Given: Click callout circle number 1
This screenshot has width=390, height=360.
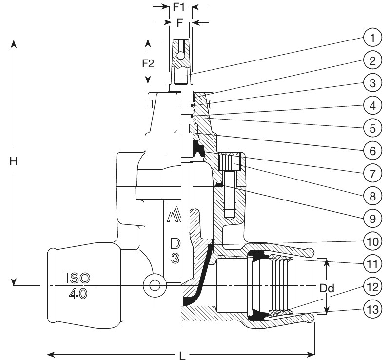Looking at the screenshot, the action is click(372, 38).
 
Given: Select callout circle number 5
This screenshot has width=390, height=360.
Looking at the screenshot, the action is click(372, 128).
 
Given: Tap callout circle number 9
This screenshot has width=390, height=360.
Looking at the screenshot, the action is click(372, 219).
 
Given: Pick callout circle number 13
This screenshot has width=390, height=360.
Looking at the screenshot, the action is click(372, 309).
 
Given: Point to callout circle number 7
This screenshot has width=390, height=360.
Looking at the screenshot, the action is click(372, 174).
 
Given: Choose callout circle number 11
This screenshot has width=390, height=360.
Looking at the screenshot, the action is click(372, 264).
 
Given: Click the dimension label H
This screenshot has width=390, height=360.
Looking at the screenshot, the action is click(14, 161).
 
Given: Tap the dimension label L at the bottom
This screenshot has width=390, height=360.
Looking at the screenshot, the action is click(182, 356).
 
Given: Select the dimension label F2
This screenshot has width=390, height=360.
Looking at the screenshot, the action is click(148, 64).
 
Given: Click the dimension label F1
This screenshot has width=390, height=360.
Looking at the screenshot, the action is click(179, 7).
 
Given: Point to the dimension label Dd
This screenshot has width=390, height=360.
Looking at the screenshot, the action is click(327, 288).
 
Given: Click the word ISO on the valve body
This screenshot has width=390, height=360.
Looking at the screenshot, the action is click(78, 278).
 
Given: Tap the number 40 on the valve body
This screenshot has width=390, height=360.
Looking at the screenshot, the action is click(78, 294).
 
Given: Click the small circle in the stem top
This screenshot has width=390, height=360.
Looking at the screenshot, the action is click(181, 55).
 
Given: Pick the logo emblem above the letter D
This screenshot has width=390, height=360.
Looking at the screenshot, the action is click(172, 214).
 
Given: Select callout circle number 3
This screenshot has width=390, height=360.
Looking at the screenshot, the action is click(372, 83).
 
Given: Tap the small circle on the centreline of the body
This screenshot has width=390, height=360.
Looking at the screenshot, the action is click(155, 285).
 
